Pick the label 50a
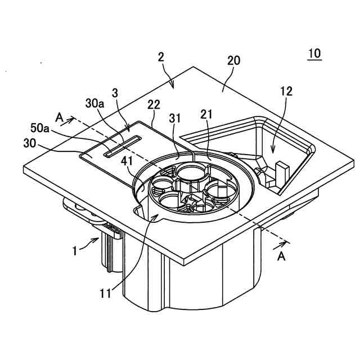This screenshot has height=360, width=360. point(43,129)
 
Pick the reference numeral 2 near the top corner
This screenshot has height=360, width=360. point(161,57)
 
